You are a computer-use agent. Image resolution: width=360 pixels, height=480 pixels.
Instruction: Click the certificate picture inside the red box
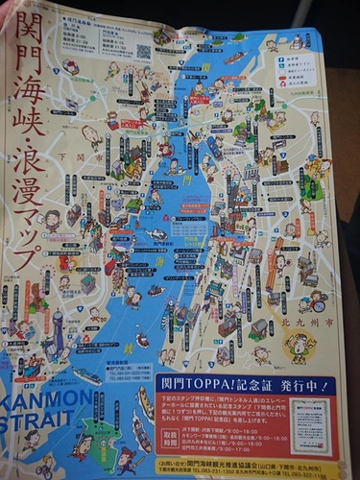point(310,425)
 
